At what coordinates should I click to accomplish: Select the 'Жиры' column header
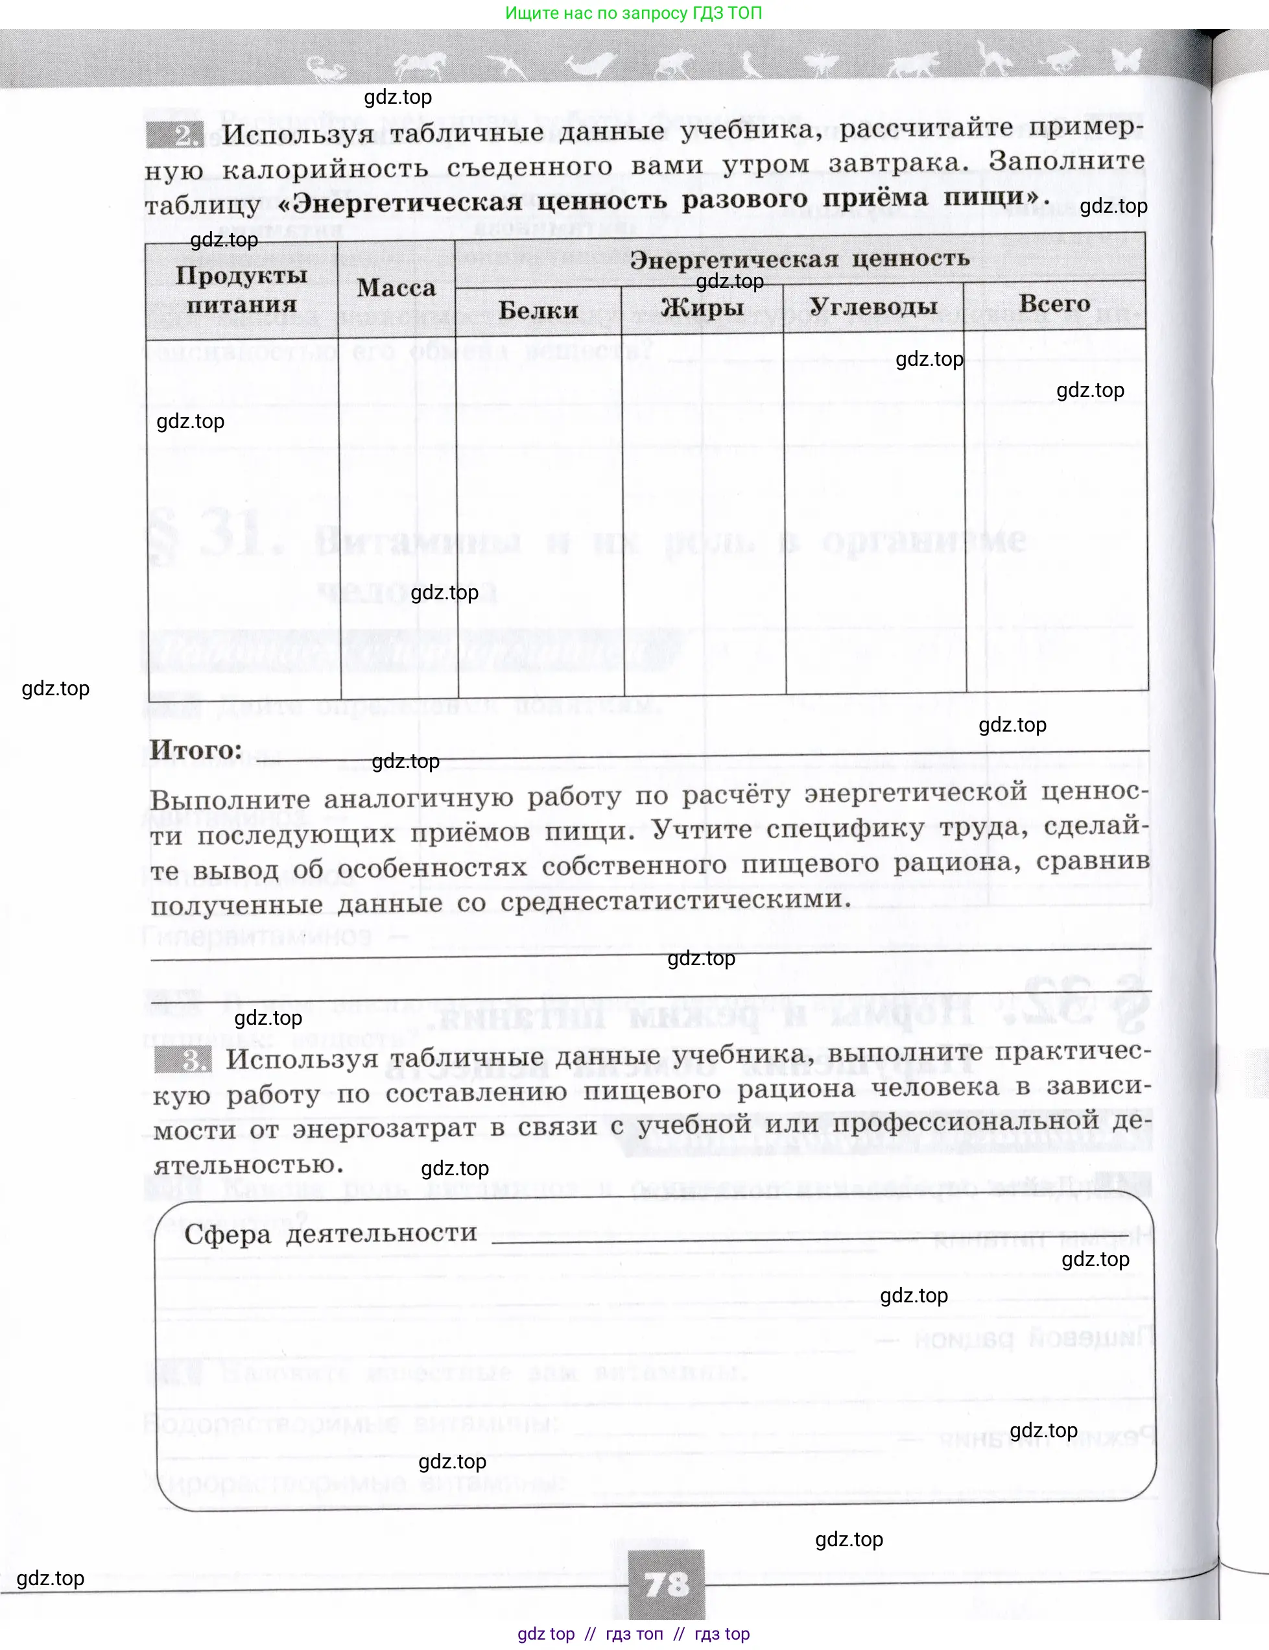(x=702, y=307)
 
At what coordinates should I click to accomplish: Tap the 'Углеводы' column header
(x=873, y=306)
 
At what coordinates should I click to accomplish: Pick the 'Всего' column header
(x=1054, y=304)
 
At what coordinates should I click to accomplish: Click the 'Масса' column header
(x=397, y=288)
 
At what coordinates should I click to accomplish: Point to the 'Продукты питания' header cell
(x=242, y=290)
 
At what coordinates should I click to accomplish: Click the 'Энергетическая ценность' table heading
(x=799, y=259)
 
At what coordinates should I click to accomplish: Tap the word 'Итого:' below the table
(x=196, y=750)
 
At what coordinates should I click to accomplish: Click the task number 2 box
(x=175, y=136)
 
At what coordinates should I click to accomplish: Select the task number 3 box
(x=183, y=1060)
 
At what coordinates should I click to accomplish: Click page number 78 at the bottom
(x=666, y=1583)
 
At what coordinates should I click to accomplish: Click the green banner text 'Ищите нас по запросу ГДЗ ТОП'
(x=633, y=13)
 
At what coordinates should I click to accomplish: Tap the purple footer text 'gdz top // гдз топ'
(x=590, y=1634)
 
